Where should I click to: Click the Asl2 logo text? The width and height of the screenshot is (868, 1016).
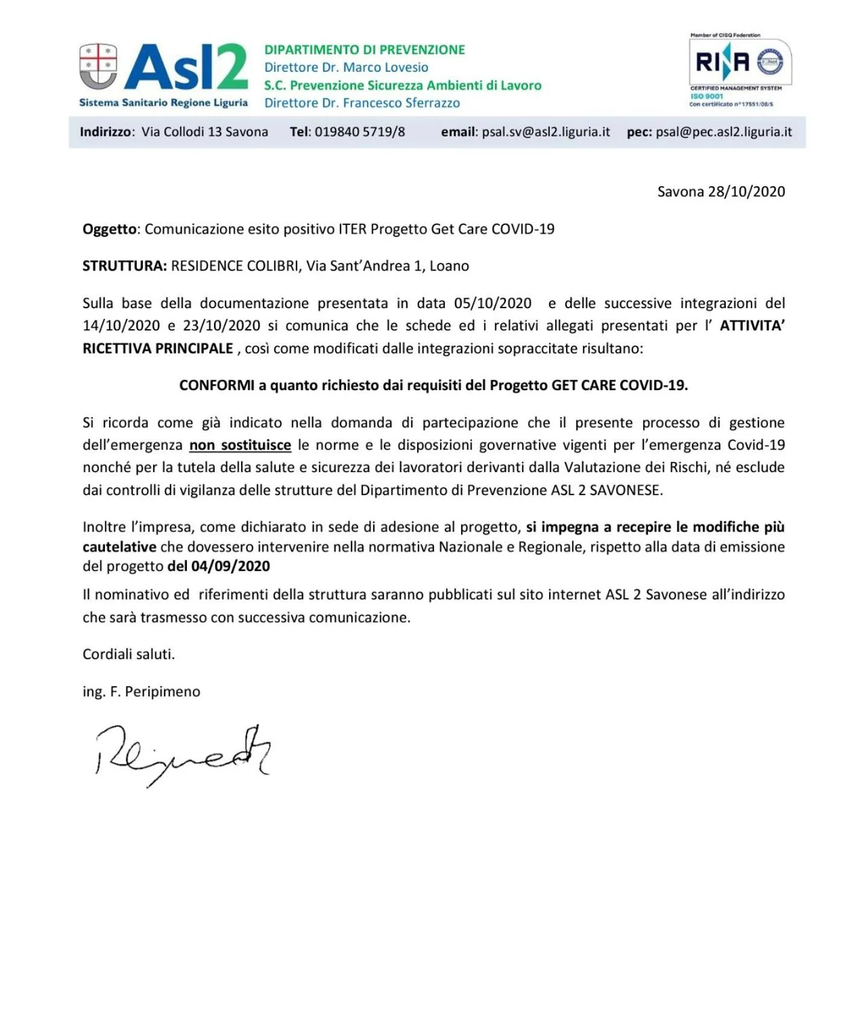tap(187, 67)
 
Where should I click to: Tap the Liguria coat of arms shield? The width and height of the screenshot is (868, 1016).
tap(98, 66)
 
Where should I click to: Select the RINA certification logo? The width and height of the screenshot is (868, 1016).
tap(740, 63)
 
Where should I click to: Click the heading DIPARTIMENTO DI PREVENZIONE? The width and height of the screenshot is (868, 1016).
tap(365, 50)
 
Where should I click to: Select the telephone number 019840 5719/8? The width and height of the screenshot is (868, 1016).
tap(360, 132)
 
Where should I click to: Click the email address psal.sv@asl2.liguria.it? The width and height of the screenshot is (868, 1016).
tap(546, 132)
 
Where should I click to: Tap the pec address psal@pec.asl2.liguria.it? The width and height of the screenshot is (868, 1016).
tap(724, 132)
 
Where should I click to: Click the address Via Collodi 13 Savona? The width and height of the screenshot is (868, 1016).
tap(205, 132)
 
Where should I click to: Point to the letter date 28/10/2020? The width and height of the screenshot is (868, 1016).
tap(746, 192)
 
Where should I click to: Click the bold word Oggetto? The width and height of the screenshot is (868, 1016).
tap(109, 229)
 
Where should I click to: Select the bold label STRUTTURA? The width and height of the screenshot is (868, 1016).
tap(125, 266)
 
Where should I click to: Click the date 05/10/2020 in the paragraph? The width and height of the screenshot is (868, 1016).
tap(492, 303)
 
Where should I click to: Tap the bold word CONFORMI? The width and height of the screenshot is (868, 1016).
tap(217, 385)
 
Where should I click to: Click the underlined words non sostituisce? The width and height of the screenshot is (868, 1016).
tap(240, 445)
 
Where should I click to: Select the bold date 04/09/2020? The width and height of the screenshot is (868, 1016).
tap(230, 566)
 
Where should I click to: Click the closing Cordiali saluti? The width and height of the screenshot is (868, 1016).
tap(128, 654)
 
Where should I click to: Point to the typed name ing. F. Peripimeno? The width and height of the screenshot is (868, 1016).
tap(141, 692)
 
